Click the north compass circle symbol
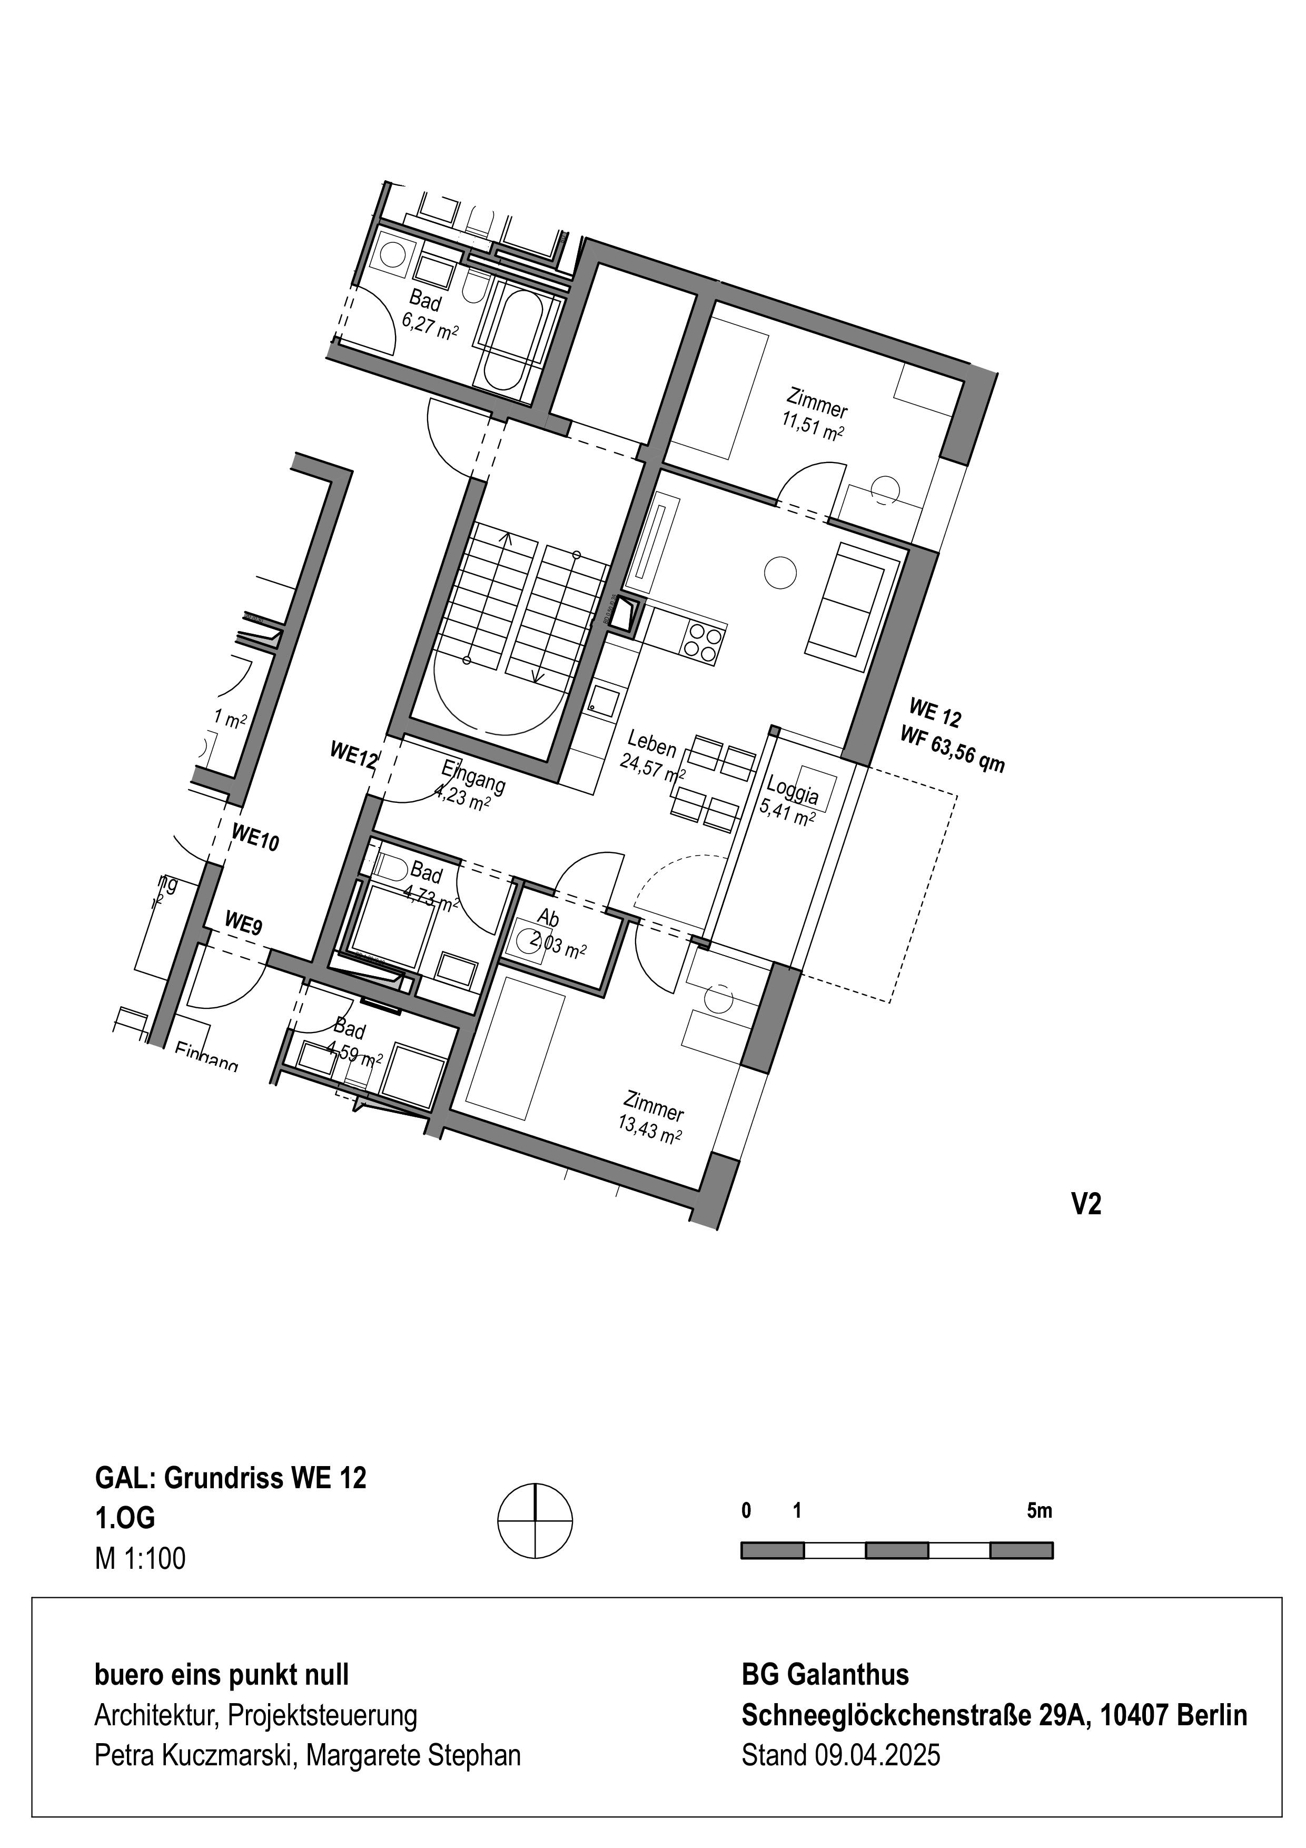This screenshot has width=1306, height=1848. pyautogui.click(x=535, y=1521)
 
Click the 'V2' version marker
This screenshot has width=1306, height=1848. pyautogui.click(x=1085, y=1204)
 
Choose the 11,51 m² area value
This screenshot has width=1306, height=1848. pyautogui.click(x=812, y=426)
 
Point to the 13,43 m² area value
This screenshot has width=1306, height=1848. pyautogui.click(x=650, y=1130)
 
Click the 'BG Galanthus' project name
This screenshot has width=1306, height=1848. pyautogui.click(x=825, y=1675)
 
